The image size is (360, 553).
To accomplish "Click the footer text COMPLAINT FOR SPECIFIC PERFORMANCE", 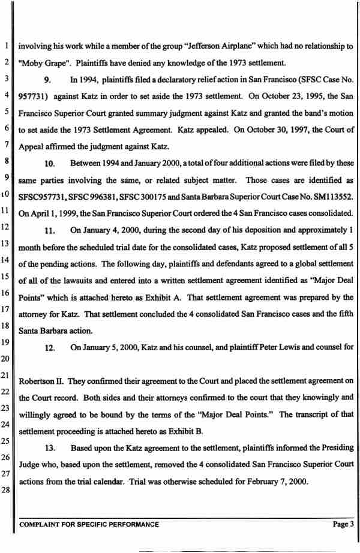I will (x=89, y=524).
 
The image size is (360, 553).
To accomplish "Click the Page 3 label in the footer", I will (x=344, y=524).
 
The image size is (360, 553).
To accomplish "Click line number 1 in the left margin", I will (x=6, y=46).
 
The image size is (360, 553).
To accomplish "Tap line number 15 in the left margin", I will (x=5, y=276).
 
